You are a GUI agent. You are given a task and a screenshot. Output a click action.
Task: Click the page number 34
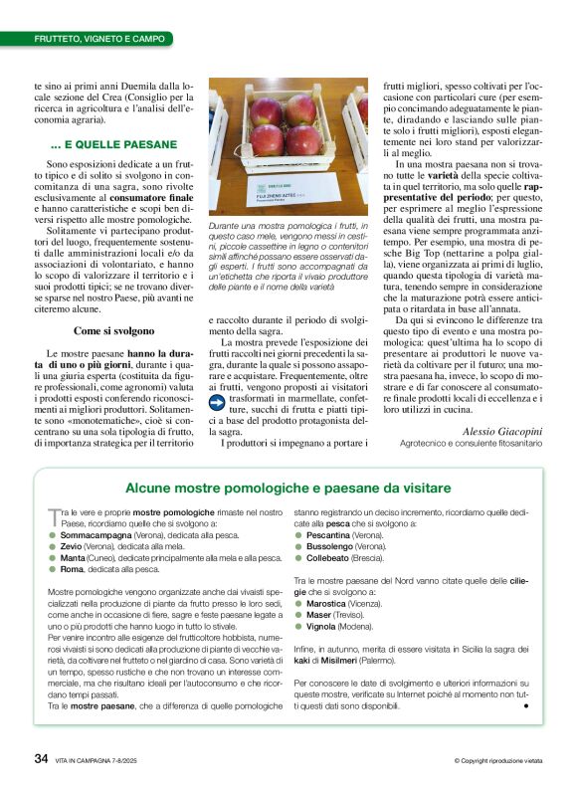pos(41,758)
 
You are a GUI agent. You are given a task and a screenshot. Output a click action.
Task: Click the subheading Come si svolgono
pos(114,330)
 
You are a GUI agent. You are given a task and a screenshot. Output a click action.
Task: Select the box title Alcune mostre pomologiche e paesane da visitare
pos(288,488)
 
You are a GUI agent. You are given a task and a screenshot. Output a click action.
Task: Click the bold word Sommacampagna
pos(96,534)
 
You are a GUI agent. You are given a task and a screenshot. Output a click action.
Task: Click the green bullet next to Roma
pos(52,570)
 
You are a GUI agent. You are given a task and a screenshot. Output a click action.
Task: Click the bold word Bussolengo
pos(331,546)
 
